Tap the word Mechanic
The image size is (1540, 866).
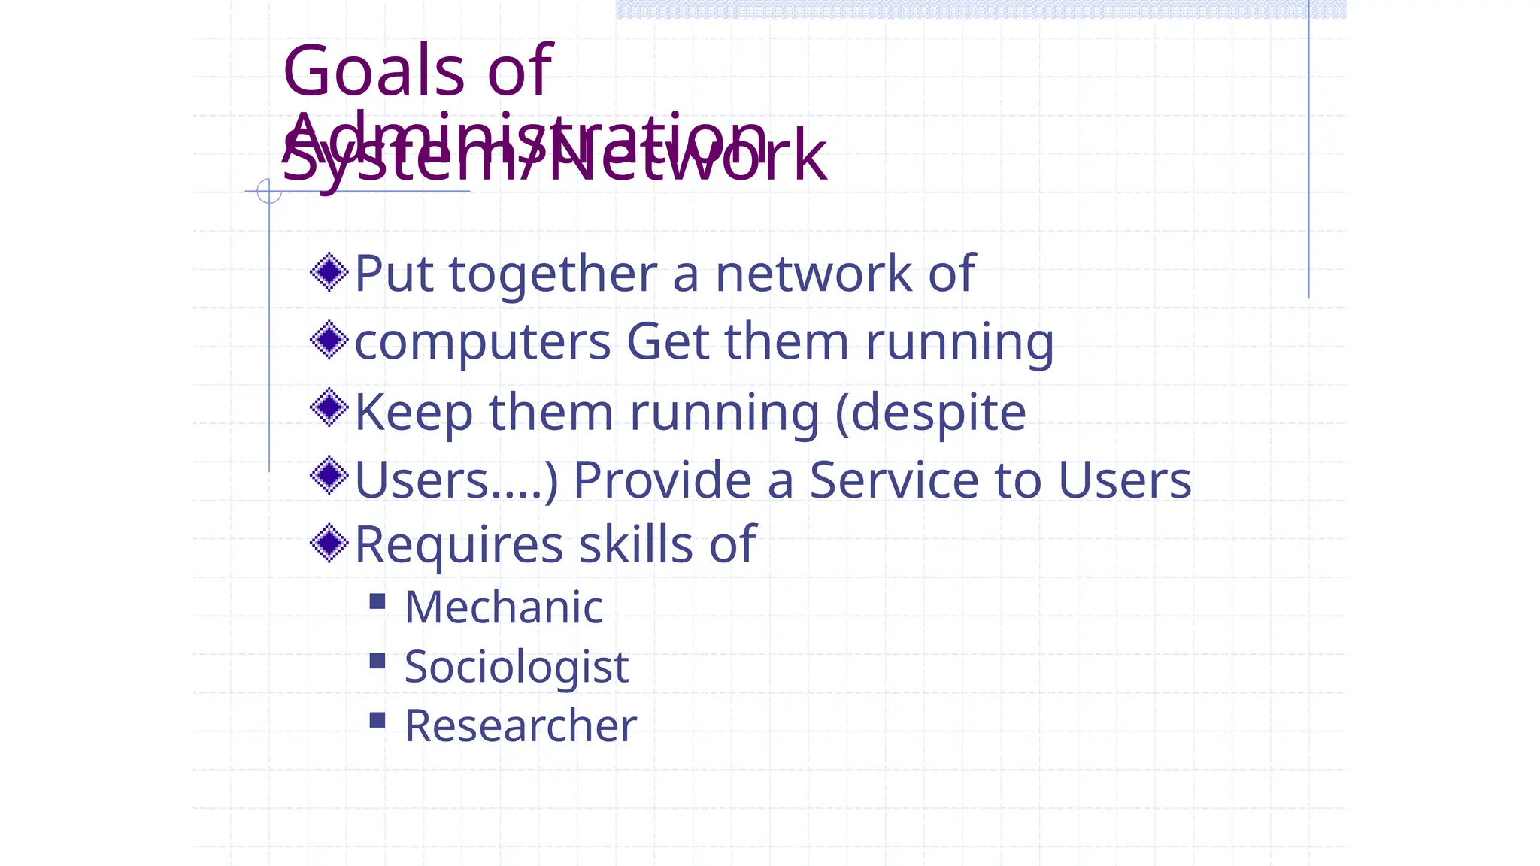(504, 607)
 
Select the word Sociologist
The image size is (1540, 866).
(517, 666)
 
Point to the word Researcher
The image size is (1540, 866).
(520, 725)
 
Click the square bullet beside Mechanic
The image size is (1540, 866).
(377, 601)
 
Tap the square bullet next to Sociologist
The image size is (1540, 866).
(377, 661)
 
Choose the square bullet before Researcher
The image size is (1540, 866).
(377, 720)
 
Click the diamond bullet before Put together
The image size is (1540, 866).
(329, 272)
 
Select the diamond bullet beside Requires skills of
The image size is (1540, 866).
(329, 543)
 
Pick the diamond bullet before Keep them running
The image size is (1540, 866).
(329, 408)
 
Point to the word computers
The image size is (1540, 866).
(482, 342)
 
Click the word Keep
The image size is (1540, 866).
(414, 413)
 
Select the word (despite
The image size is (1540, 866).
(931, 413)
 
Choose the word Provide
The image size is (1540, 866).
(662, 480)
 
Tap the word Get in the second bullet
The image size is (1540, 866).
(668, 342)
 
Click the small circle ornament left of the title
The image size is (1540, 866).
(269, 191)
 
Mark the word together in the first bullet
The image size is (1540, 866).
(553, 274)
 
